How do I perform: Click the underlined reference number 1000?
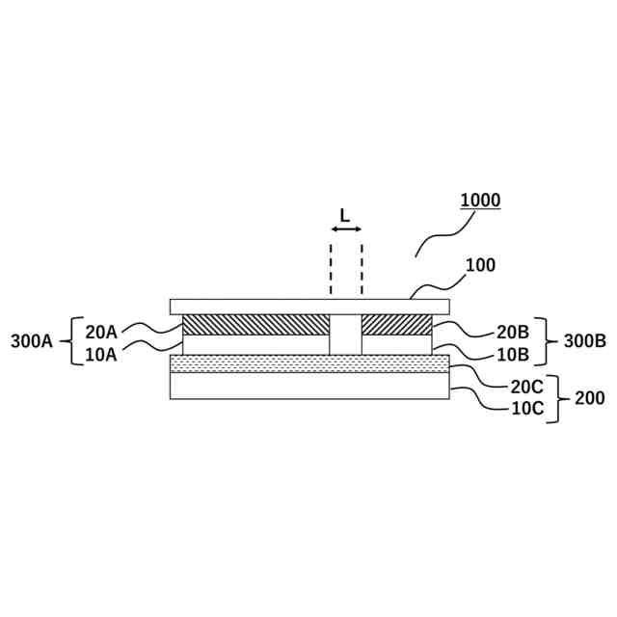click(x=480, y=201)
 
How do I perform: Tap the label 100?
click(x=480, y=264)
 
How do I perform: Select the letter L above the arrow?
click(x=345, y=215)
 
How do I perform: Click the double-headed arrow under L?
click(x=346, y=229)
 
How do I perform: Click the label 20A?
click(x=101, y=332)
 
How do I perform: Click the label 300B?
click(x=585, y=340)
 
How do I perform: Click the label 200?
click(x=589, y=396)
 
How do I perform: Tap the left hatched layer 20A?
click(x=255, y=324)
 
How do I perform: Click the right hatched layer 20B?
click(x=396, y=324)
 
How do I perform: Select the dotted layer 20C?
click(x=308, y=363)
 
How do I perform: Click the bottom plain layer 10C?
click(x=308, y=386)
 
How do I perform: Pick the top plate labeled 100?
click(x=308, y=306)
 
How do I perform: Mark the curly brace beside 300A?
click(x=73, y=340)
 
